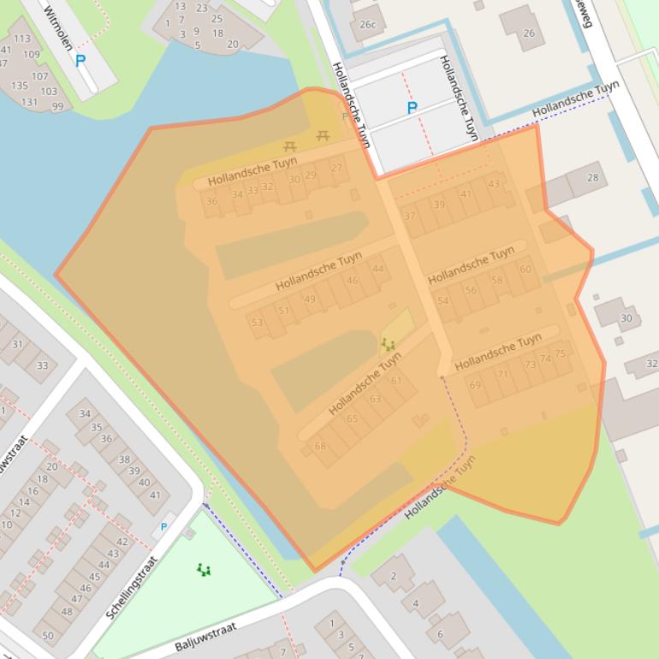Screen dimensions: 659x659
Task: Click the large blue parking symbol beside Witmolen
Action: (80, 61)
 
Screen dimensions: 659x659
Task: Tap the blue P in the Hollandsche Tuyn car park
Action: (412, 109)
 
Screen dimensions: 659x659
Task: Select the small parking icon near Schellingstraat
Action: (163, 527)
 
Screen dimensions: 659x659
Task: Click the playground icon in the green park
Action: (203, 569)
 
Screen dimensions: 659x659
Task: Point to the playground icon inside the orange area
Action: (389, 345)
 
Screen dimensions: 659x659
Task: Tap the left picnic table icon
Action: (290, 147)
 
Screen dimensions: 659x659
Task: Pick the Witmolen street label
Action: (59, 27)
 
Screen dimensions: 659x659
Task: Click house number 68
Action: (320, 446)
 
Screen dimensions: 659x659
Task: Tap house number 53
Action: (257, 322)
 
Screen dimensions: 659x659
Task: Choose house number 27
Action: (336, 169)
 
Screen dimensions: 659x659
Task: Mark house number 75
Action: (560, 353)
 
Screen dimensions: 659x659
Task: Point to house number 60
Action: (525, 270)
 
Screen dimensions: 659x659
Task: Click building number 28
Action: (593, 178)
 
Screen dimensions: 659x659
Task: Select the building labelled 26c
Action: (367, 25)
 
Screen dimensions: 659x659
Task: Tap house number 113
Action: (22, 39)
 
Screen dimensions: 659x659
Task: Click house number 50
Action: (48, 635)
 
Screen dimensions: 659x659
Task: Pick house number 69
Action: (475, 385)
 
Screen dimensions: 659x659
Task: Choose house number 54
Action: (442, 300)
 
